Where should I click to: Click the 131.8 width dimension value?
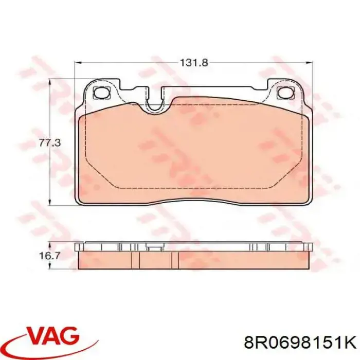tap(193, 63)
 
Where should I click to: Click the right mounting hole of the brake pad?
tap(283, 93)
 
